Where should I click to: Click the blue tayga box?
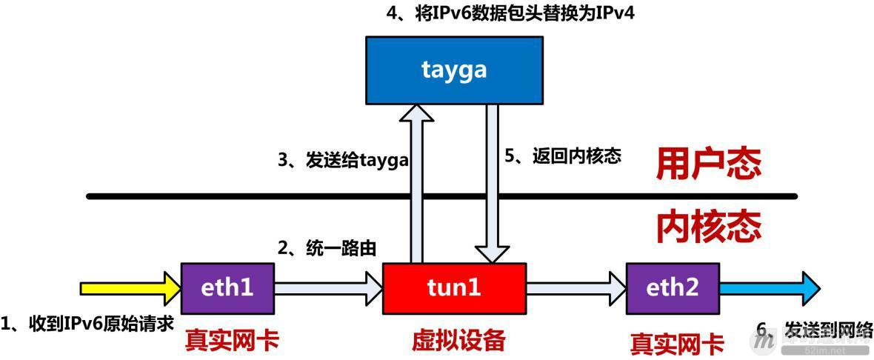point(454,69)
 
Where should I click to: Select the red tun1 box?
point(454,287)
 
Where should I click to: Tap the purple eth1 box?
point(227,287)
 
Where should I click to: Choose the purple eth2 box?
point(673,287)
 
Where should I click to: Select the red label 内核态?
point(708,227)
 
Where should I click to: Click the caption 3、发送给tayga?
point(343,159)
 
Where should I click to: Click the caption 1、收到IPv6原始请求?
point(87,324)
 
